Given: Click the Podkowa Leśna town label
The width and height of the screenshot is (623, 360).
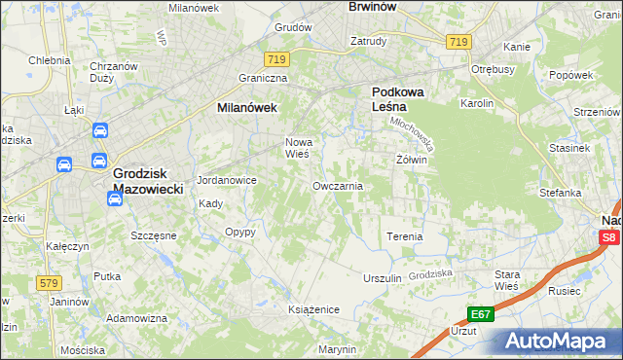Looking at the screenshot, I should pos(395,101).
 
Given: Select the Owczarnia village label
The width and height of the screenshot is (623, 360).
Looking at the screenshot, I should pos(338,185).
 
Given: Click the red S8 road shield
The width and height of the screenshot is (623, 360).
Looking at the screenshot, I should pos(608,237).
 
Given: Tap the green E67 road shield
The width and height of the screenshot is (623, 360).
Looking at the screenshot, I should pos(480,314).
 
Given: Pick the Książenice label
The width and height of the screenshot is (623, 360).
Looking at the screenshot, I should pos(313,309).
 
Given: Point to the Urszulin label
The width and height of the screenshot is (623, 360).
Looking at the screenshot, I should pos(383,278).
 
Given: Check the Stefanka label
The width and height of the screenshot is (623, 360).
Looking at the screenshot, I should pos(560,193).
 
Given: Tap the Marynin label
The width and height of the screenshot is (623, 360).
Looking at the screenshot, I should pos(337,349).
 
